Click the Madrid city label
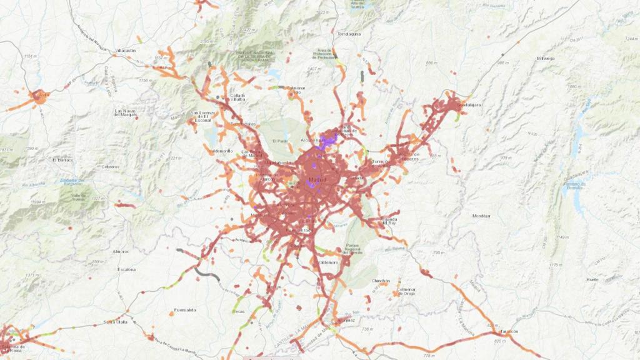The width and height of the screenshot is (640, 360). (317, 181)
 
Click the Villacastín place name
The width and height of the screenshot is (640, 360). (126, 50)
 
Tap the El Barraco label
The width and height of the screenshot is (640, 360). (63, 160)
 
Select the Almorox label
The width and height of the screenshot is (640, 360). (120, 251)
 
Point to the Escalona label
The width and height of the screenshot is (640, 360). (126, 269)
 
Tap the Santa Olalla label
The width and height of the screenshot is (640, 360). (116, 322)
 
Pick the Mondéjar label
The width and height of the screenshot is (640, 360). (481, 216)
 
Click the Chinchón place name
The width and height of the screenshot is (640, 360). (380, 281)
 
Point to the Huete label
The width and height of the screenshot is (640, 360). (592, 280)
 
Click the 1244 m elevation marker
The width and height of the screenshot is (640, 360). (629, 39)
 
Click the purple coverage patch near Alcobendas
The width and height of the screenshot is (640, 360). (326, 140)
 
